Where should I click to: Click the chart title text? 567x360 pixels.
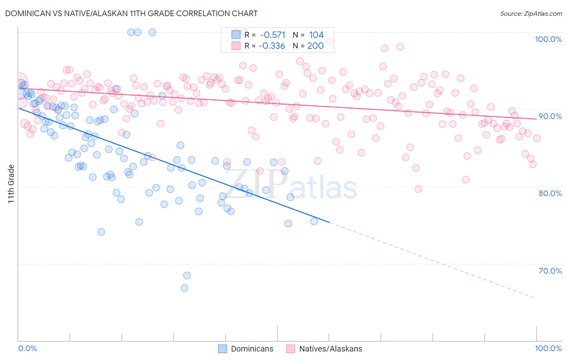coord(131,13)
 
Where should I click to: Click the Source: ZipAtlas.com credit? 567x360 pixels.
coord(531,14)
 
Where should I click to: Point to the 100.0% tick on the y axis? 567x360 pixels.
coord(548,39)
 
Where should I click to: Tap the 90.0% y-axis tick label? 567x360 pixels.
coord(550,116)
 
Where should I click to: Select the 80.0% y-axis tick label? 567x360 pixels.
coord(550,193)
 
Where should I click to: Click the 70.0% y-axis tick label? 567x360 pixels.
coord(550,271)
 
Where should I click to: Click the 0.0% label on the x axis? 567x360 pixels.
coord(28,348)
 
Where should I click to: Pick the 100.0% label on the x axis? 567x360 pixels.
coord(548,348)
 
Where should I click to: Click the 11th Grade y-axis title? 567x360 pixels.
coord(11,184)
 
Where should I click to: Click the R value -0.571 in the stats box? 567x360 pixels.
coord(272,35)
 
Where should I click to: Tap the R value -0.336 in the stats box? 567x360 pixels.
coord(272,46)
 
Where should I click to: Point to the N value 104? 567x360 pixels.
coord(316,35)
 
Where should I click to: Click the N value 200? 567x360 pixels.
coord(315,46)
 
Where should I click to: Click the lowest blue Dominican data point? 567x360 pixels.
coord(184,288)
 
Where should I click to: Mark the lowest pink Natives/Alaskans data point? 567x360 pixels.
coord(418,189)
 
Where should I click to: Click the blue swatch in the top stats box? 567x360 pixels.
coord(236,35)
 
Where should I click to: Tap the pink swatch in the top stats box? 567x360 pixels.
coord(236,46)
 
